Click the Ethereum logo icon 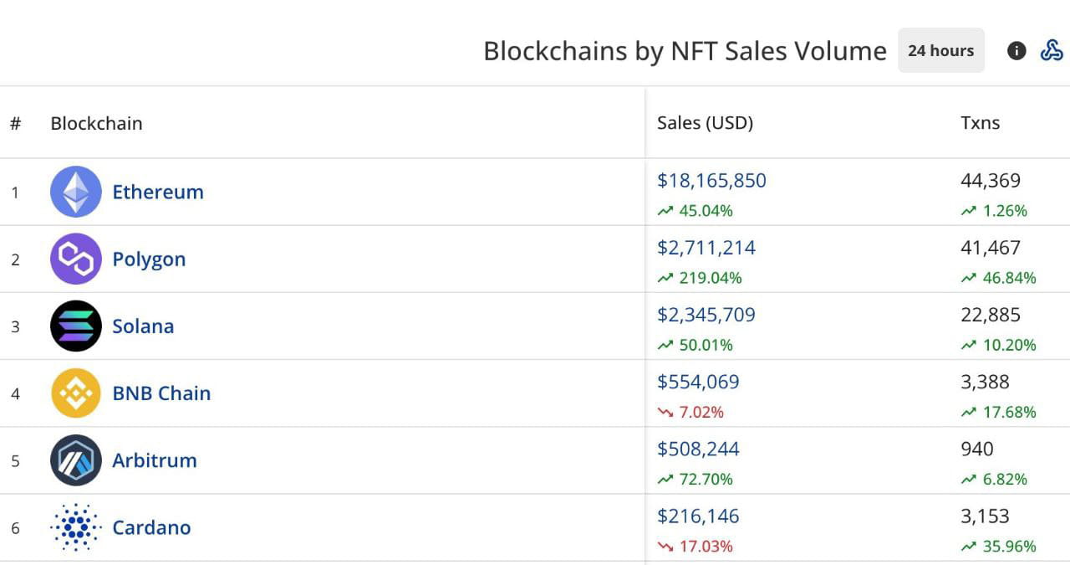(x=76, y=192)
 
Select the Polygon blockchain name (x=149, y=259)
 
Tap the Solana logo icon (x=76, y=326)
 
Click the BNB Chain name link (x=161, y=393)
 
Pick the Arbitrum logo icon (x=76, y=460)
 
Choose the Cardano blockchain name (x=151, y=527)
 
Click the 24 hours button (x=940, y=51)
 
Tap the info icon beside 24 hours (x=1016, y=51)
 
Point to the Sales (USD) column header (x=705, y=123)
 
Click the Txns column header (x=980, y=123)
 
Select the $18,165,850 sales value (x=711, y=181)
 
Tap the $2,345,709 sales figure (x=706, y=315)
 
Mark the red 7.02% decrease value (x=701, y=412)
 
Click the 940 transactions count (x=977, y=449)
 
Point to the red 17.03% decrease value (x=705, y=547)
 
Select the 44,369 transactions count (x=991, y=181)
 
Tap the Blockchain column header (x=96, y=123)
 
